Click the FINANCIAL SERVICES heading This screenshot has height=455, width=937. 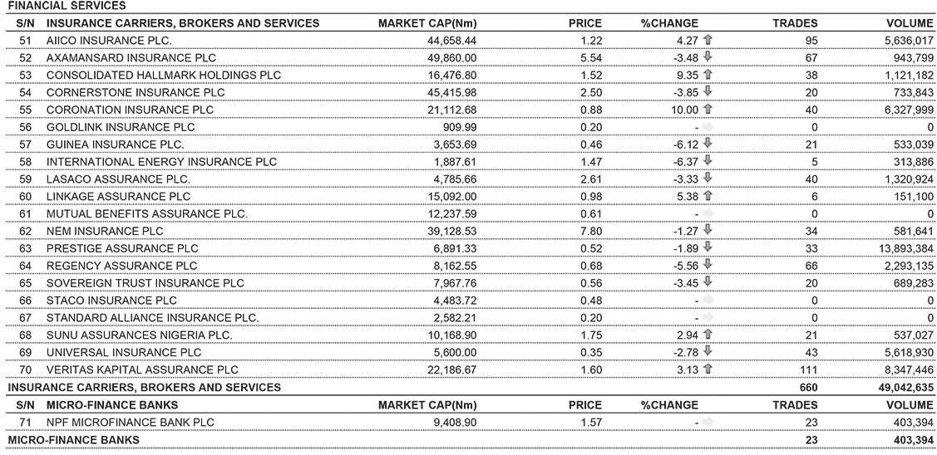(x=55, y=6)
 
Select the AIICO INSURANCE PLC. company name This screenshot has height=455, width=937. (x=109, y=40)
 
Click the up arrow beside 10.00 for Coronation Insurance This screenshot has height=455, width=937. (x=708, y=109)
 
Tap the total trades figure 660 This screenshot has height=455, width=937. (x=807, y=387)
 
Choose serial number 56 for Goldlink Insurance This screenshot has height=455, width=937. (x=24, y=127)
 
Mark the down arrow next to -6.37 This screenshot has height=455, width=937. (x=708, y=161)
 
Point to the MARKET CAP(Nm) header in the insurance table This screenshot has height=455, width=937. (x=427, y=23)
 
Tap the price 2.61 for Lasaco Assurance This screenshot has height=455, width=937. (x=591, y=179)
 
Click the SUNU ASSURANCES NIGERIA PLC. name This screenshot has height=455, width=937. (x=139, y=335)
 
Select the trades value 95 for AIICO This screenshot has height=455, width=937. (x=811, y=40)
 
